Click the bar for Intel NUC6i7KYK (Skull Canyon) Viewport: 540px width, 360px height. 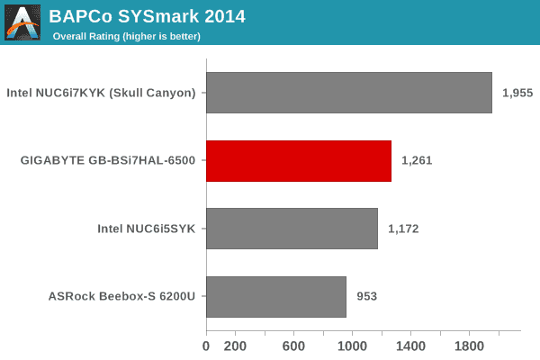point(349,93)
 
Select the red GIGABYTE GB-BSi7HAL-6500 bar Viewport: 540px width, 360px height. point(299,161)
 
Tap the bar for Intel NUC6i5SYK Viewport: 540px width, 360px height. point(292,229)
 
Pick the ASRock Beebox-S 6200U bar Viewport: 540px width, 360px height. point(276,296)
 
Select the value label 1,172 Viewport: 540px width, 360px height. point(404,229)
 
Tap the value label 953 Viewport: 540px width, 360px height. point(366,296)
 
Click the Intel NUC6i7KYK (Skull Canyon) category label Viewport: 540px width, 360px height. point(101,93)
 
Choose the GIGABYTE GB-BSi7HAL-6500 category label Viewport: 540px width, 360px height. point(108,161)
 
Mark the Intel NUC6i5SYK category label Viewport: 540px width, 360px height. point(147,229)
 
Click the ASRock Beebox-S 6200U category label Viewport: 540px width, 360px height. point(123,296)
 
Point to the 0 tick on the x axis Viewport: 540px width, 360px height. point(206,346)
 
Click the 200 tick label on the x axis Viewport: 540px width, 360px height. point(236,346)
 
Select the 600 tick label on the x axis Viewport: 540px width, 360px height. point(294,346)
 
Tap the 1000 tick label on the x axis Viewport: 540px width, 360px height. point(353,346)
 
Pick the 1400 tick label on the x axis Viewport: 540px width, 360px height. point(411,346)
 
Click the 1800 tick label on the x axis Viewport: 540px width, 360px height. point(470,346)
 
